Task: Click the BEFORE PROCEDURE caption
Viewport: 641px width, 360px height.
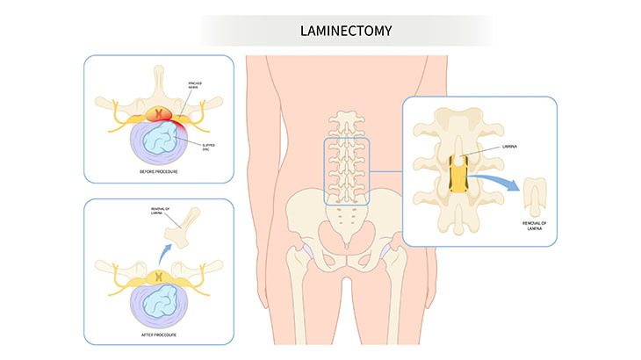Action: tap(158, 172)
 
